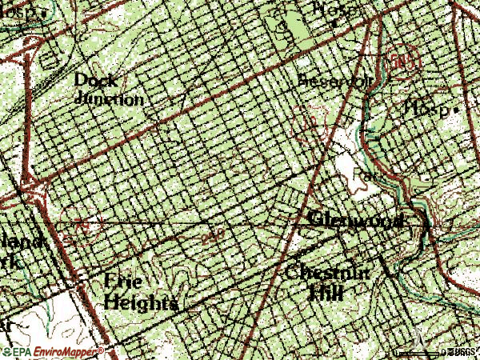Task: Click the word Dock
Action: coord(95,80)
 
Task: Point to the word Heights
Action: coord(140,303)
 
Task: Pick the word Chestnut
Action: coord(328,272)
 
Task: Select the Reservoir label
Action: coord(323,82)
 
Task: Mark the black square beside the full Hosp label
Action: coord(455,108)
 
